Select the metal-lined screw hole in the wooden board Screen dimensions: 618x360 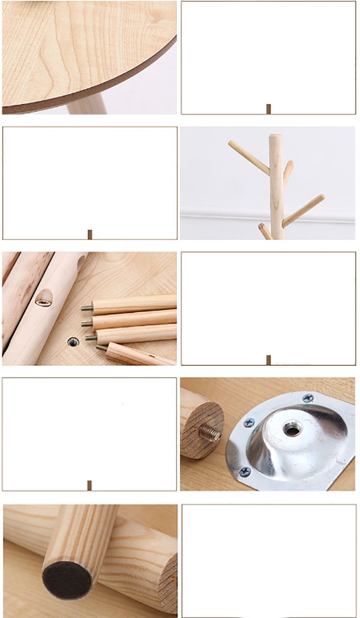[x=73, y=341]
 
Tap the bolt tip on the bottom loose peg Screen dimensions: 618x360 [x=101, y=348]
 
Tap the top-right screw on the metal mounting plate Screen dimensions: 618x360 [x=308, y=398]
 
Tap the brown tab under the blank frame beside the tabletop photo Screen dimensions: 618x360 [x=269, y=109]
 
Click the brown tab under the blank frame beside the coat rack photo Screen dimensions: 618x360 [x=90, y=234]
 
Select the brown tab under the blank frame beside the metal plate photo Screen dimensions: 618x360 [x=89, y=485]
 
